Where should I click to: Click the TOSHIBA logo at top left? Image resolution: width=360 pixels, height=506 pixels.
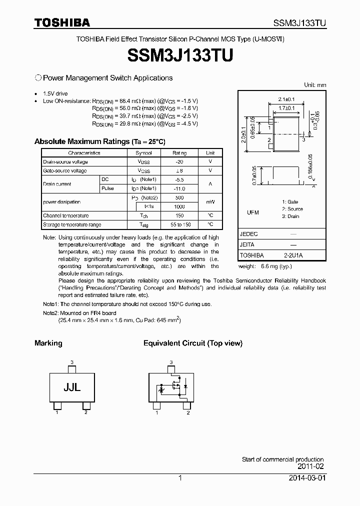click(62, 22)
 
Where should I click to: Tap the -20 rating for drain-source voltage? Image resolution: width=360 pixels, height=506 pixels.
click(179, 162)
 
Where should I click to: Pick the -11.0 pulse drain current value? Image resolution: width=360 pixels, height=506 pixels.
click(179, 188)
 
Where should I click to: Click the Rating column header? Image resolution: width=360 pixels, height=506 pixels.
click(179, 153)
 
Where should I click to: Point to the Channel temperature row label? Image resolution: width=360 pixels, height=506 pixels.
click(66, 215)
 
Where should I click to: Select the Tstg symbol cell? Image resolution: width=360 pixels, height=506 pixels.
click(144, 224)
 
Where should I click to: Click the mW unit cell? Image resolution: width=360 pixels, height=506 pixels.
click(210, 202)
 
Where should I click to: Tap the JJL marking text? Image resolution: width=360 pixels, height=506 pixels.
click(72, 387)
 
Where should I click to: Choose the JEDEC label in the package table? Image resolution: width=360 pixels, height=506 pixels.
click(249, 234)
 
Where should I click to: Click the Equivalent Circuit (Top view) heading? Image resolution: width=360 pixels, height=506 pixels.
click(192, 343)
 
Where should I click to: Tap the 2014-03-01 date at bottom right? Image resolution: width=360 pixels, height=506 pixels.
click(306, 478)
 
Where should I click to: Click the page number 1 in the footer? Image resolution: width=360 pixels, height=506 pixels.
click(179, 478)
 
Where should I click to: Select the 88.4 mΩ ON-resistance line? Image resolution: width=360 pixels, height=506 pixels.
click(145, 100)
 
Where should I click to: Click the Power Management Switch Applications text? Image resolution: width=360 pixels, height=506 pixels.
click(107, 78)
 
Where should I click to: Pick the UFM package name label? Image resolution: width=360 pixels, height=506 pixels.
click(253, 212)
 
